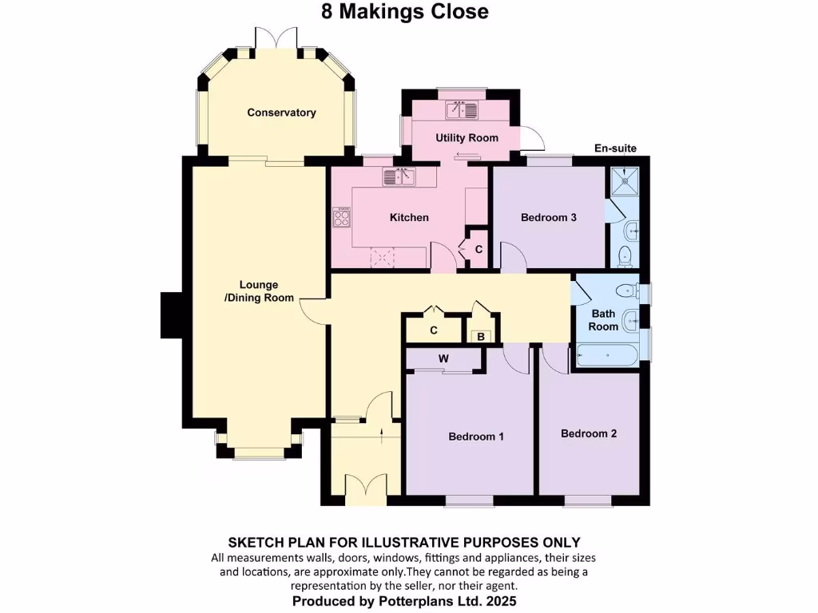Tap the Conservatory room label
pyautogui.click(x=281, y=113)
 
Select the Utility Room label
pyautogui.click(x=467, y=138)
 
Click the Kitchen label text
pyautogui.click(x=409, y=217)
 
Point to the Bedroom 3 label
pyautogui.click(x=549, y=217)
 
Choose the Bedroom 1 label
pyautogui.click(x=476, y=437)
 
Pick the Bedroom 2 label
pyautogui.click(x=589, y=433)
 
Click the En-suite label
pyautogui.click(x=616, y=148)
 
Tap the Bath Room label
pyautogui.click(x=603, y=320)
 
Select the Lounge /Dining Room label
pyautogui.click(x=259, y=291)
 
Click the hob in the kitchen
pyautogui.click(x=342, y=216)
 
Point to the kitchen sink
pyautogui.click(x=399, y=177)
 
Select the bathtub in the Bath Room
pyautogui.click(x=607, y=355)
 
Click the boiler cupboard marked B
pyautogui.click(x=481, y=337)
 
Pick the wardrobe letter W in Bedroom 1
pyautogui.click(x=443, y=359)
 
